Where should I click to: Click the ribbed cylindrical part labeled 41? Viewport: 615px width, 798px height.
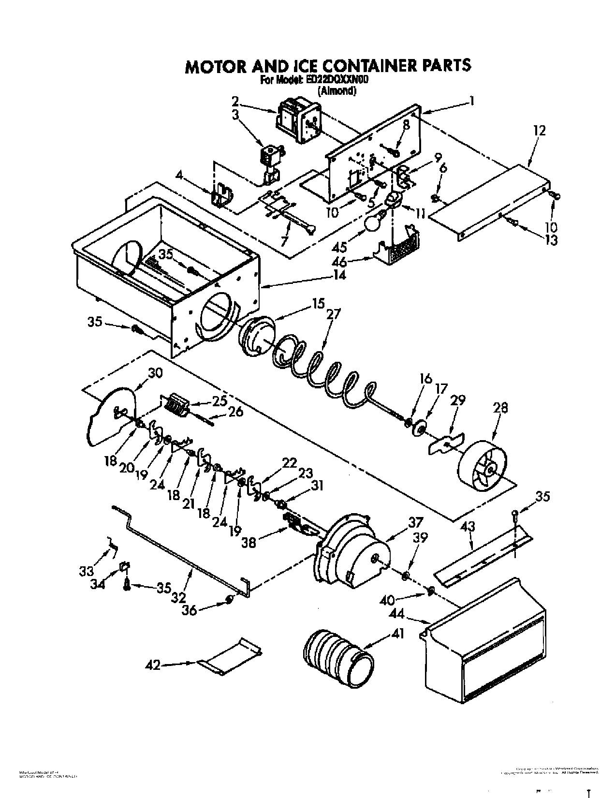click(338, 658)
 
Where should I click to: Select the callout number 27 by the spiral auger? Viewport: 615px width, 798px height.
click(333, 315)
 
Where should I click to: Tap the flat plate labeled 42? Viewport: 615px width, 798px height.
click(230, 658)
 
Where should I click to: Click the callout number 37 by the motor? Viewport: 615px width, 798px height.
click(415, 522)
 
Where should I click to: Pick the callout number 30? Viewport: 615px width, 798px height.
click(156, 373)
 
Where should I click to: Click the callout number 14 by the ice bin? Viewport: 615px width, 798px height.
click(339, 275)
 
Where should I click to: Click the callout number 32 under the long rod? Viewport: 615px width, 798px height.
click(178, 598)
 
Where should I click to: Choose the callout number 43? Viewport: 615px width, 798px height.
click(468, 527)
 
